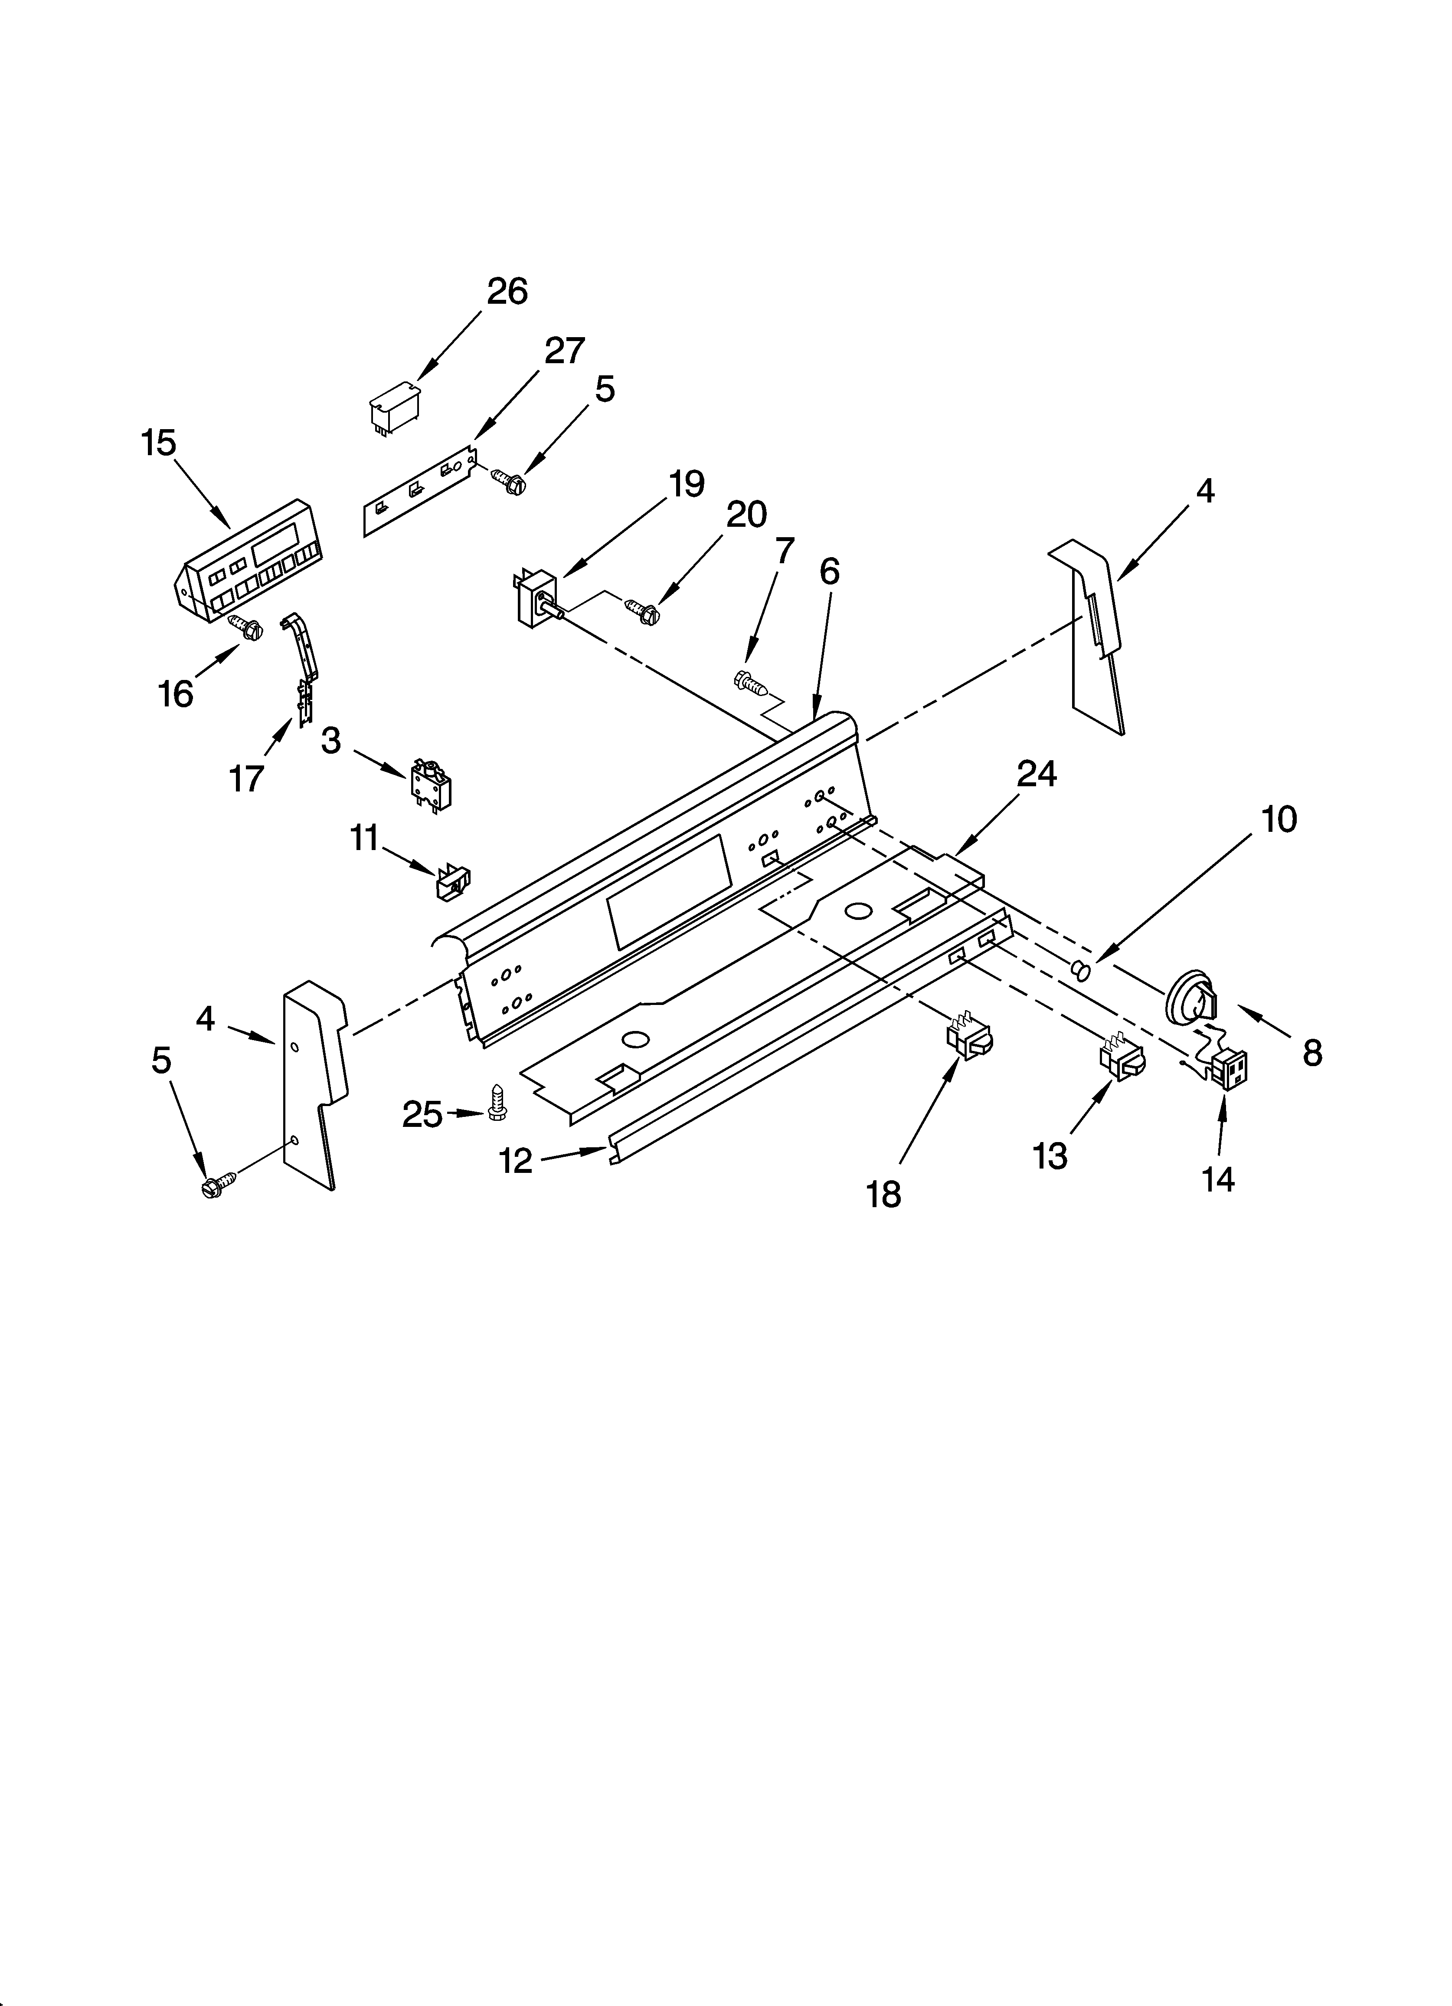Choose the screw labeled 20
tap(644, 609)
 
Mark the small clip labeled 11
tap(452, 882)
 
